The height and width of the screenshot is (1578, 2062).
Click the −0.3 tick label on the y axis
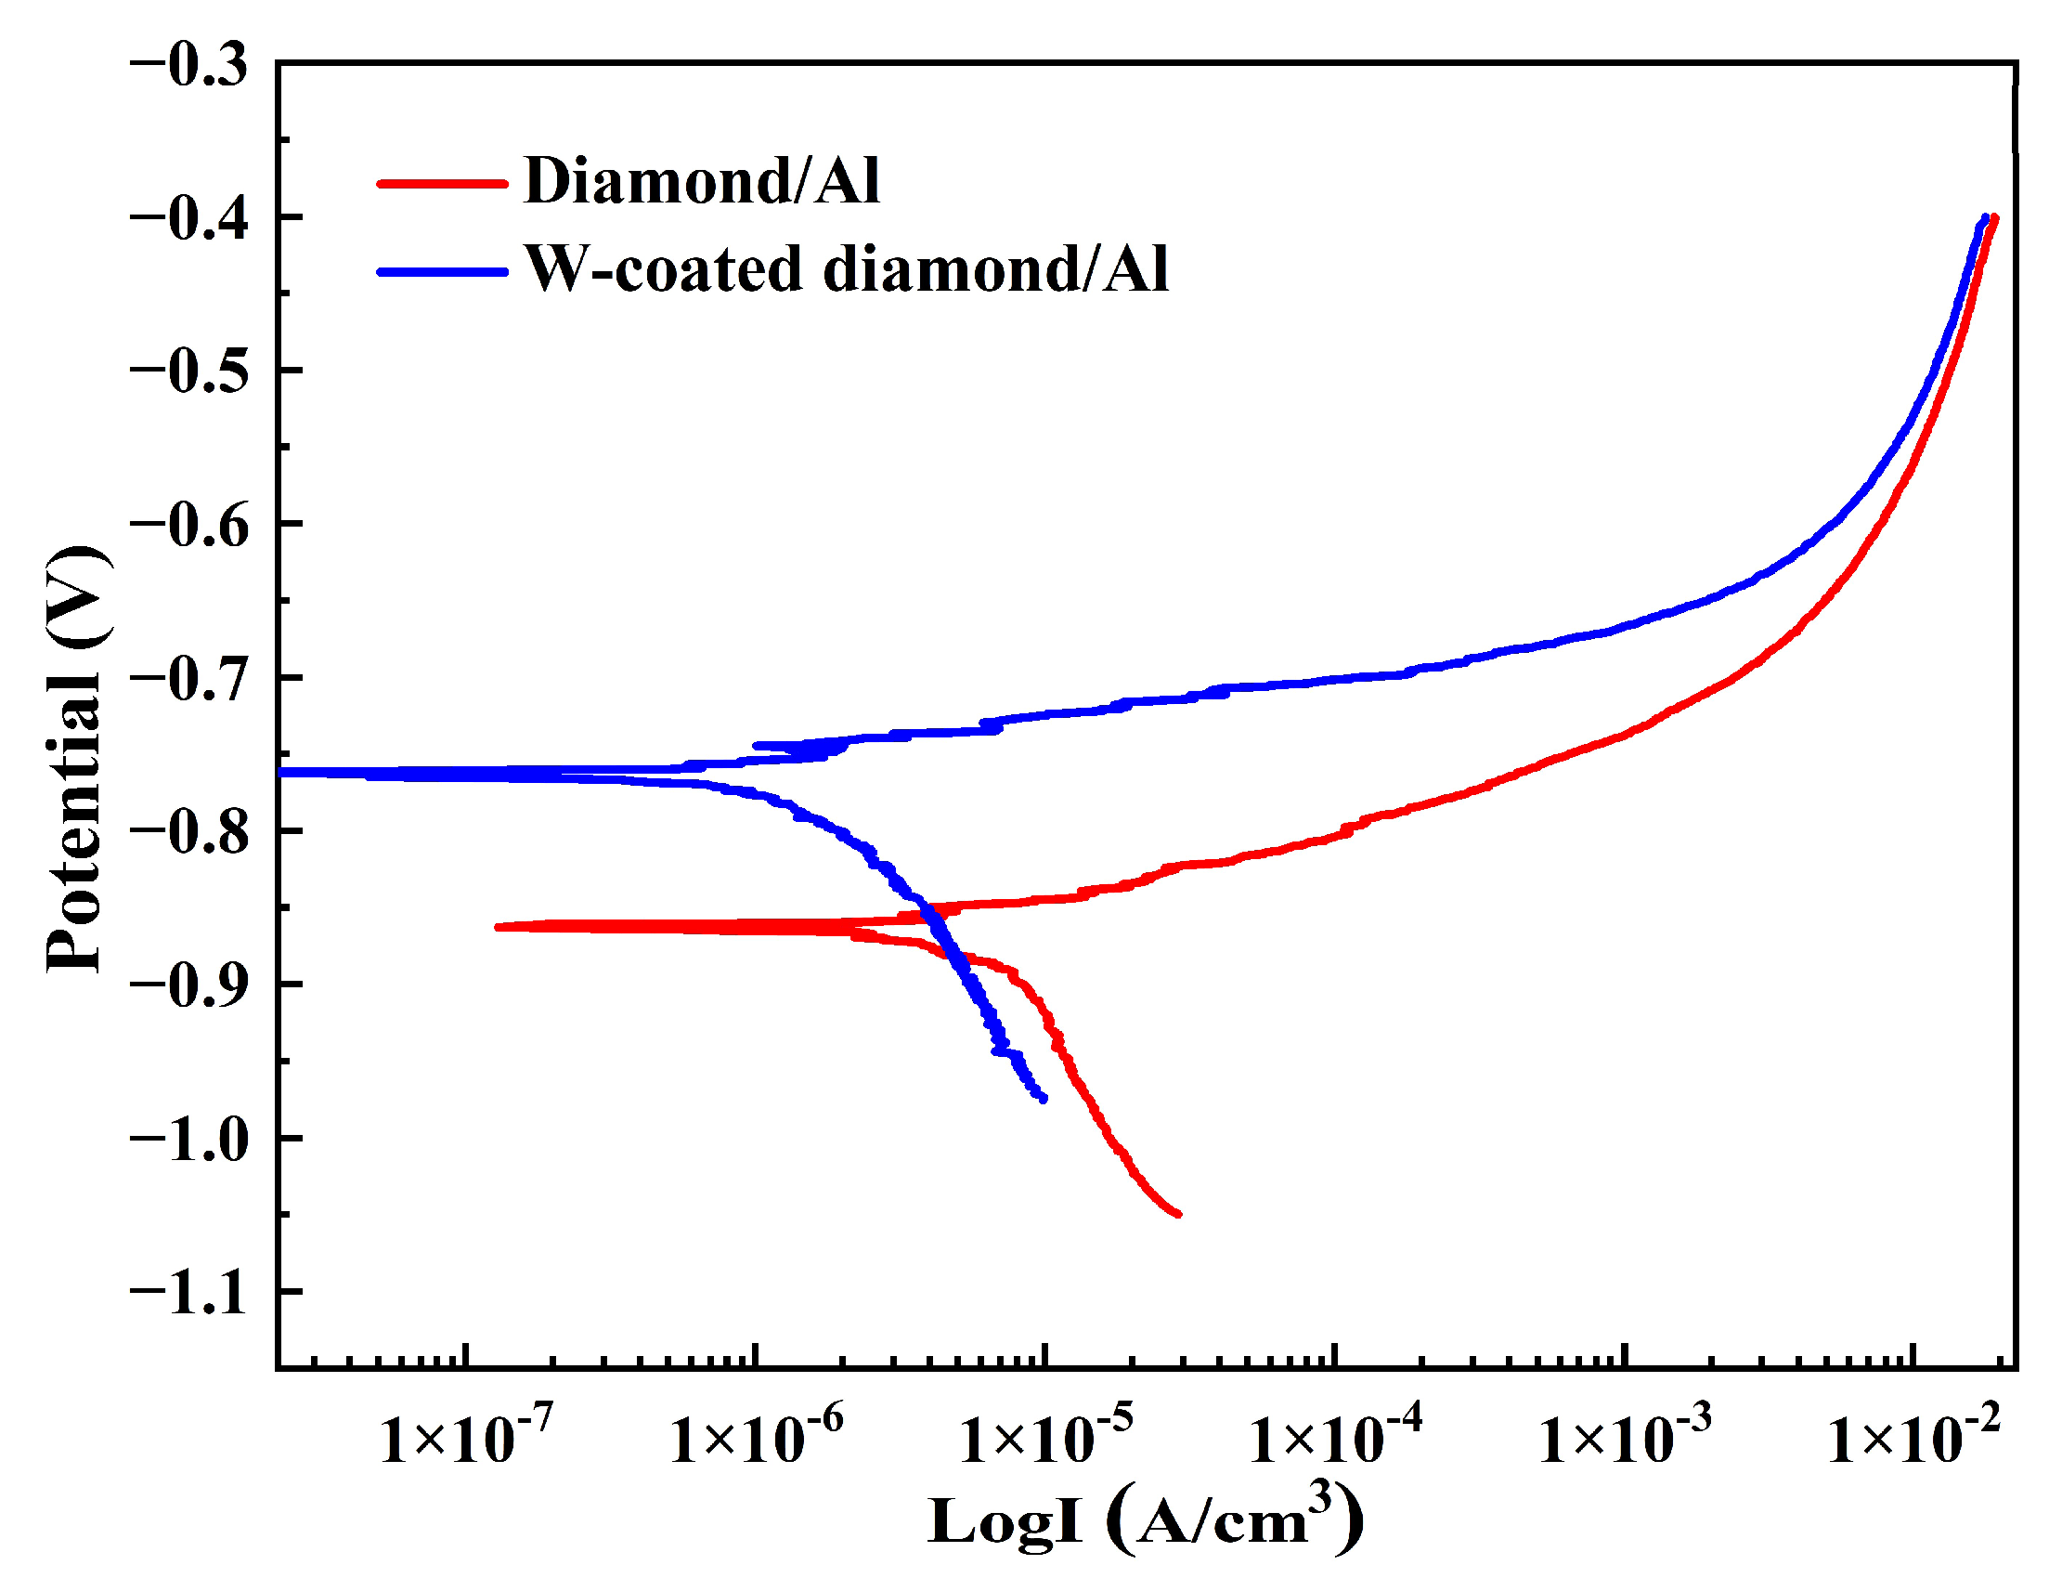(188, 68)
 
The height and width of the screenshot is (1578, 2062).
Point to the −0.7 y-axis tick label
(188, 680)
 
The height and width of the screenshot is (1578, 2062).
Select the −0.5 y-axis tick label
(188, 372)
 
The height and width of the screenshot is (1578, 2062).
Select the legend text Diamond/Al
(702, 180)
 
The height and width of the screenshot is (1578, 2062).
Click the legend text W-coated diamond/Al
(846, 269)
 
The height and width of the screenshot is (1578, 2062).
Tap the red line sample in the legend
(441, 183)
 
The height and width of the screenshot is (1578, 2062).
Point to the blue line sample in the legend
(441, 272)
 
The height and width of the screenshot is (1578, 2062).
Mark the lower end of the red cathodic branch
(1178, 1215)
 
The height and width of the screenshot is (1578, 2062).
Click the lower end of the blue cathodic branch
(1044, 1098)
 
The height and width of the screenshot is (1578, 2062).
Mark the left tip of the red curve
(498, 927)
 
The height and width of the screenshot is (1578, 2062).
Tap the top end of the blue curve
(1985, 218)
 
